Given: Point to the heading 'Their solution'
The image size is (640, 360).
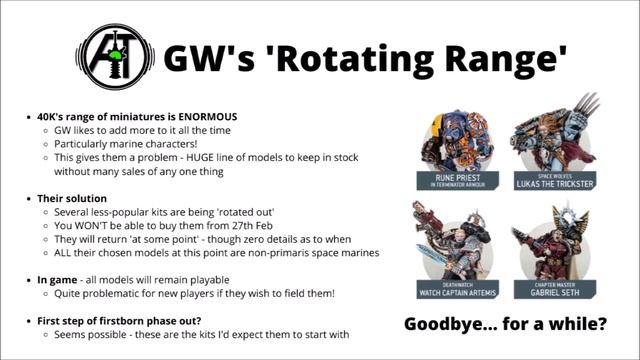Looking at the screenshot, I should pos(71,199).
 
